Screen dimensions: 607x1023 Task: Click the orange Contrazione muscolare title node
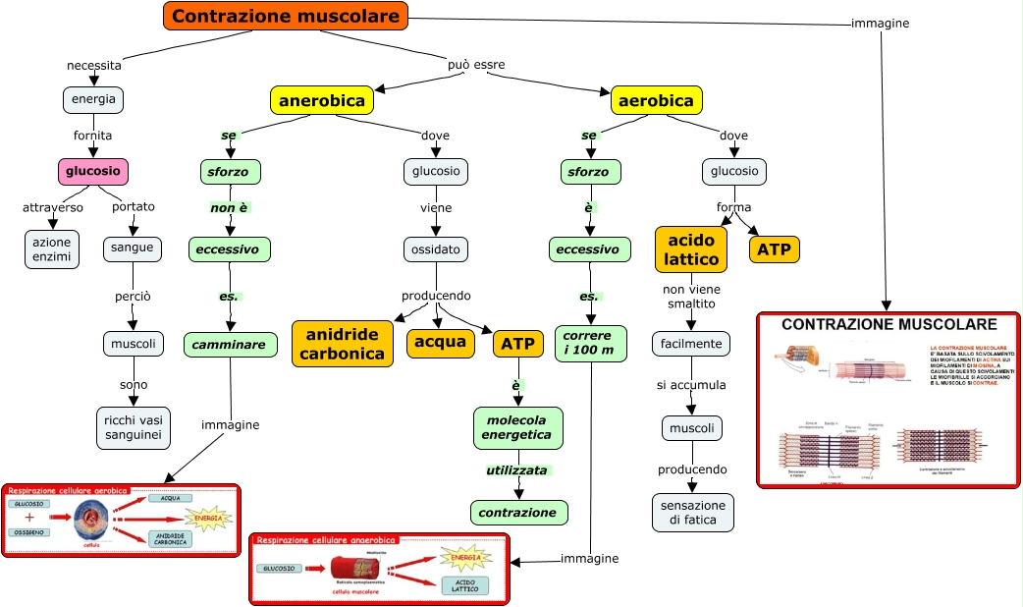(x=285, y=16)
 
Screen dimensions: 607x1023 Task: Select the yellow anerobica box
(x=322, y=100)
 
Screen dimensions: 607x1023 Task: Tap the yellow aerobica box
(x=657, y=100)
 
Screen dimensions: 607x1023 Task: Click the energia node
(x=93, y=99)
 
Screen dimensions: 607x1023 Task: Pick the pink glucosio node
(x=92, y=171)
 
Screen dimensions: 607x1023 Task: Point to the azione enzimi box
(x=52, y=248)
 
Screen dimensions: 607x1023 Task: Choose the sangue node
(x=132, y=248)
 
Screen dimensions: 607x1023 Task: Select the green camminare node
(x=229, y=345)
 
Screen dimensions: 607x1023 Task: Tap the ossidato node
(x=435, y=249)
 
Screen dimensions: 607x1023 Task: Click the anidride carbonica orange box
(x=343, y=344)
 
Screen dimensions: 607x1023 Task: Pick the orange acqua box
(x=440, y=342)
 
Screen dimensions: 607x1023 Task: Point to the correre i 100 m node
(x=589, y=343)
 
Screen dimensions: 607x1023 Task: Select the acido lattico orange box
(x=691, y=249)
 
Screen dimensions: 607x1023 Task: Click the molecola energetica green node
(x=517, y=427)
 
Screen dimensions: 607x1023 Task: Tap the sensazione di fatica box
(x=692, y=512)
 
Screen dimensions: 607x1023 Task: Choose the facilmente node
(x=691, y=344)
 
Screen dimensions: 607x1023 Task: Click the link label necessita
(x=94, y=66)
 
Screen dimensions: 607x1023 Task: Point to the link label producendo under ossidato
(x=436, y=296)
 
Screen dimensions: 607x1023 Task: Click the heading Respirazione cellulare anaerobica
(x=326, y=540)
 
